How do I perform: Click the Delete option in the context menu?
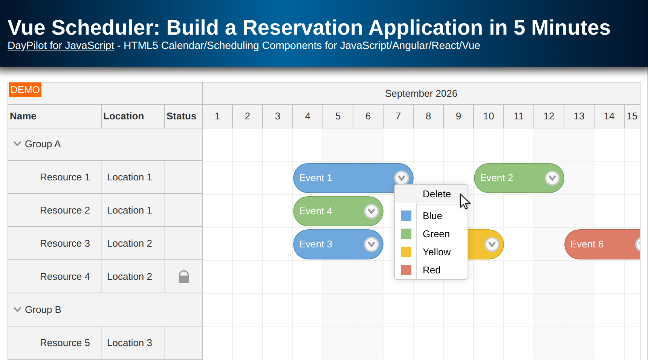(x=437, y=194)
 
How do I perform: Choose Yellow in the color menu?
(x=437, y=252)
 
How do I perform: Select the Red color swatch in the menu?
(x=406, y=270)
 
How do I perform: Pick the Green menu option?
(x=436, y=234)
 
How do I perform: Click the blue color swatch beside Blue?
(x=406, y=216)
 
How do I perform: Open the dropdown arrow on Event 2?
(x=552, y=178)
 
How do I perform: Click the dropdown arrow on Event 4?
(x=371, y=211)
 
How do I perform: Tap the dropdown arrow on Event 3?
(x=371, y=244)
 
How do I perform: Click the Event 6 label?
(x=587, y=244)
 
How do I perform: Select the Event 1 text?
(x=316, y=178)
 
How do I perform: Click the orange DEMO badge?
(x=25, y=90)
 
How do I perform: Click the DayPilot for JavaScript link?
(x=61, y=46)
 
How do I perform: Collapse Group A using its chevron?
(x=17, y=144)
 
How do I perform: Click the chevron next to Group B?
(x=17, y=310)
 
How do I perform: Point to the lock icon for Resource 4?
(x=184, y=277)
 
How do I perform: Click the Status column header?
(x=182, y=116)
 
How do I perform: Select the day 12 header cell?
(x=549, y=116)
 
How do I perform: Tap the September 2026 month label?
(x=421, y=93)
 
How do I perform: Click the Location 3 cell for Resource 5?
(x=130, y=343)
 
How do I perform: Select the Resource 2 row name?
(x=65, y=210)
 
